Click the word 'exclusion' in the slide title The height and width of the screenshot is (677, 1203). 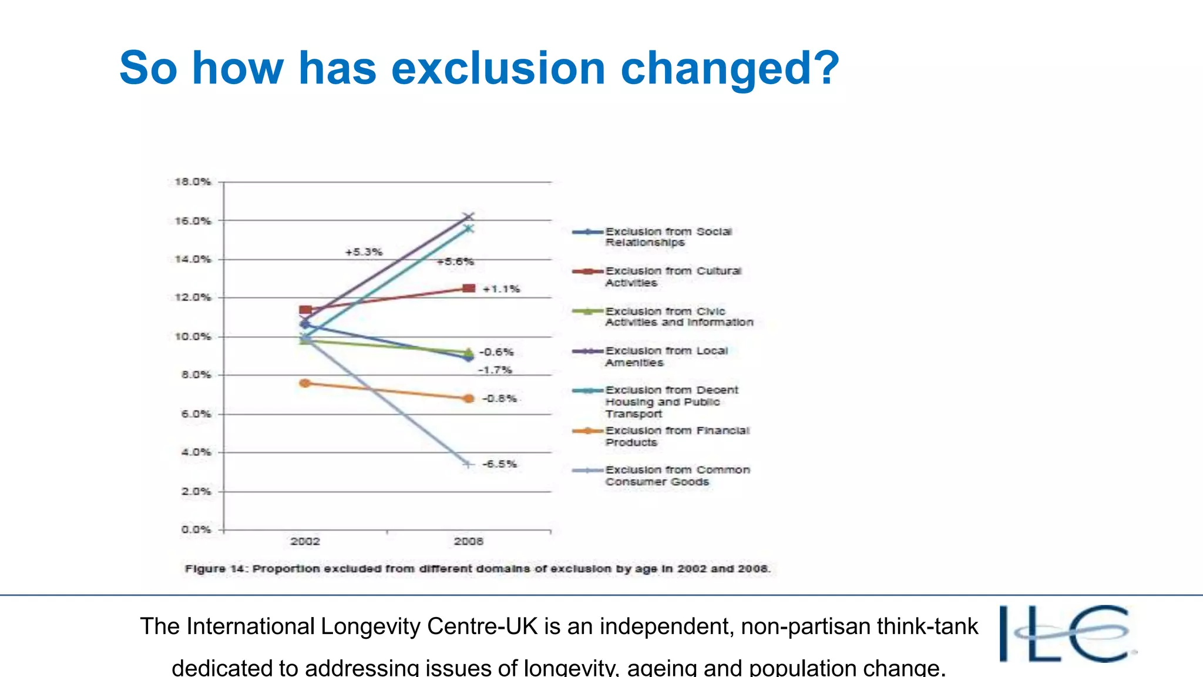click(x=498, y=68)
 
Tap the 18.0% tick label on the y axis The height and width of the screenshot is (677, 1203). click(x=193, y=182)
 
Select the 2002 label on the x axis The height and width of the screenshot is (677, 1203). click(x=305, y=541)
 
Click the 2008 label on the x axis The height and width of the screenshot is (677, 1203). click(x=468, y=541)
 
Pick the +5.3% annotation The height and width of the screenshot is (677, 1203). click(x=364, y=252)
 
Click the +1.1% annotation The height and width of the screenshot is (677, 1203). click(x=501, y=289)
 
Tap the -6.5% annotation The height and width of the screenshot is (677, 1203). click(x=500, y=464)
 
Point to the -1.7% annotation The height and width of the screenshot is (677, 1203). click(x=495, y=370)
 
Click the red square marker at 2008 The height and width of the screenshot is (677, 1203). click(x=469, y=288)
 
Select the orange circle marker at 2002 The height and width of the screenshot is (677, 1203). click(x=305, y=383)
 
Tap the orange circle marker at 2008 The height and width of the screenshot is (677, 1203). click(x=468, y=398)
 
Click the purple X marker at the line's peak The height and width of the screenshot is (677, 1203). click(x=468, y=217)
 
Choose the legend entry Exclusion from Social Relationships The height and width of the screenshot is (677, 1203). click(x=668, y=237)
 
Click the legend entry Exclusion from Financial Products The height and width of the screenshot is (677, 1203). click(x=677, y=436)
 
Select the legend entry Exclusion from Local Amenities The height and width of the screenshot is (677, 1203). click(x=666, y=356)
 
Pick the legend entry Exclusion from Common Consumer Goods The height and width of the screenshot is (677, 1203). click(x=677, y=475)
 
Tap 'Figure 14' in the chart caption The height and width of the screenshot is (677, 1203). click(x=216, y=569)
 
